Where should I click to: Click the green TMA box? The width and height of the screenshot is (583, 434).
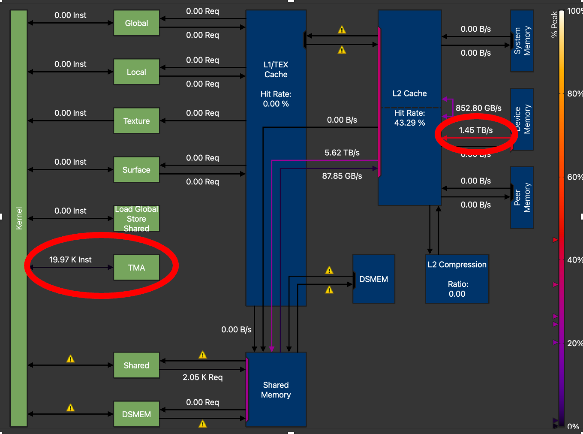click(x=136, y=268)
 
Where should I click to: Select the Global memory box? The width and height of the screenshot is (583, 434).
click(x=136, y=23)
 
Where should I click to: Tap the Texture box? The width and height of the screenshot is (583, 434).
click(x=136, y=121)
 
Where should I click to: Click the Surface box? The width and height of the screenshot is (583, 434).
click(x=136, y=170)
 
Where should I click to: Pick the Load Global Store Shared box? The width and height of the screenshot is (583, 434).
click(x=136, y=219)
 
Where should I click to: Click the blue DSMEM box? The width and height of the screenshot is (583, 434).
click(x=373, y=279)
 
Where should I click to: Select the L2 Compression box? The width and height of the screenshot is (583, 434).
click(x=457, y=279)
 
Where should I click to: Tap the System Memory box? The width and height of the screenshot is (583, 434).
click(x=522, y=41)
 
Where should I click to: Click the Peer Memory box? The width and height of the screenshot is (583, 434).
click(x=522, y=197)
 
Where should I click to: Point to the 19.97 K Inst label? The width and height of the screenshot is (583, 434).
click(x=70, y=259)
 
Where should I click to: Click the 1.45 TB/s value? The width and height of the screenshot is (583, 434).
click(x=475, y=130)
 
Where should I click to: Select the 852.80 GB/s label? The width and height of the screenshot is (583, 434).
click(x=478, y=108)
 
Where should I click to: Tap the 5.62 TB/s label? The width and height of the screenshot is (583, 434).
click(x=342, y=153)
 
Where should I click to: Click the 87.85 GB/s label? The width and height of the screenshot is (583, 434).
click(x=342, y=176)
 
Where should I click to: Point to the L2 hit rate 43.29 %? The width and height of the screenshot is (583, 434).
click(x=409, y=123)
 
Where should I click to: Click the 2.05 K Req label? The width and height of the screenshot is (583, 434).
click(x=202, y=377)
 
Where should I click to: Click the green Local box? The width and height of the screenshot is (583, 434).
click(x=136, y=72)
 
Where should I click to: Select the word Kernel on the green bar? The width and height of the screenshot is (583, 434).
click(x=19, y=218)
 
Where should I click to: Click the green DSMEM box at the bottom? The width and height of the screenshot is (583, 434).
click(x=136, y=414)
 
